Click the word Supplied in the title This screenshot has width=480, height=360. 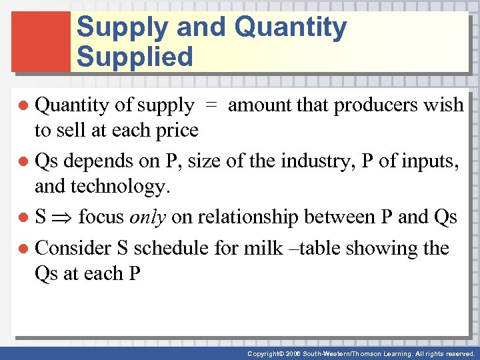134,57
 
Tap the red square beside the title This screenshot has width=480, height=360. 41,41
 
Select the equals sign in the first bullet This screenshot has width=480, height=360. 211,105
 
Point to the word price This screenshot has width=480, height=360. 175,130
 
